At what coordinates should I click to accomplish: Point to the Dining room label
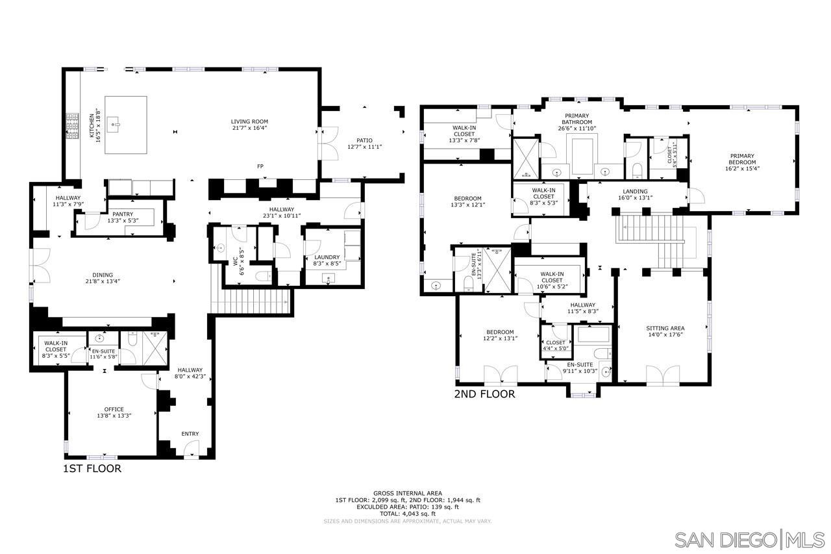coord(102,278)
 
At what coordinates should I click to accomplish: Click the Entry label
coord(190,434)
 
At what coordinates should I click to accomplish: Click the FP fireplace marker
coord(260,167)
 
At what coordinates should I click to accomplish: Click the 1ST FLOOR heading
coord(92,468)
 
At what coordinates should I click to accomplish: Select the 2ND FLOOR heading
coord(484,394)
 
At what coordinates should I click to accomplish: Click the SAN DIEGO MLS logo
coord(749,540)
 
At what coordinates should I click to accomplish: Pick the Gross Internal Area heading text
coord(408,493)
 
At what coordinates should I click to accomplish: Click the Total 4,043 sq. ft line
coord(408,514)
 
